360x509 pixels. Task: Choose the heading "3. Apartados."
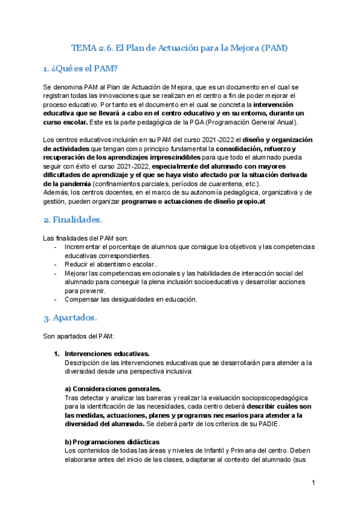(70, 316)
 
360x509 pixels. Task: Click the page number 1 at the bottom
(314, 483)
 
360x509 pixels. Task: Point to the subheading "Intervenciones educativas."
(107, 354)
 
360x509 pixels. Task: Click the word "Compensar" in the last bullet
(82, 299)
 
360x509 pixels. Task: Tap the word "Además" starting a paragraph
(58, 192)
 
